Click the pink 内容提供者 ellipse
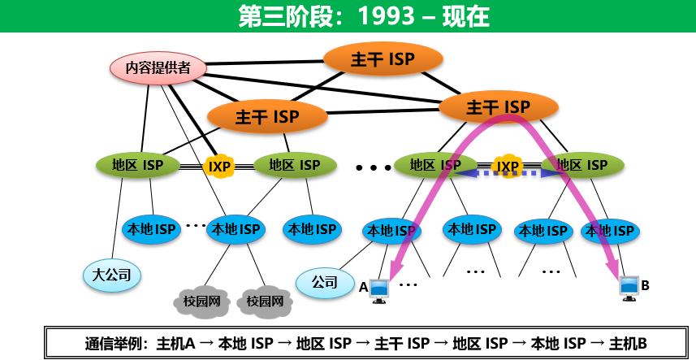[158, 68]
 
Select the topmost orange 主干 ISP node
[383, 59]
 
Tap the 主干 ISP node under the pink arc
[498, 107]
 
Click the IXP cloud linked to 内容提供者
[219, 167]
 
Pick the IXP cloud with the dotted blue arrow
[508, 167]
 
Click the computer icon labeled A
[379, 291]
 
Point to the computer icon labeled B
[629, 288]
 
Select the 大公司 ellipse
[112, 275]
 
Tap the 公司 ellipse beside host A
[325, 282]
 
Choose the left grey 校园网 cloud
[202, 301]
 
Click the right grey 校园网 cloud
[265, 301]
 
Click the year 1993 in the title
[386, 16]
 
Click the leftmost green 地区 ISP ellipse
[137, 166]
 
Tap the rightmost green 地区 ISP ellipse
[582, 166]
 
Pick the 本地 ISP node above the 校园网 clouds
[236, 229]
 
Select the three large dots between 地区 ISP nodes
[374, 167]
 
